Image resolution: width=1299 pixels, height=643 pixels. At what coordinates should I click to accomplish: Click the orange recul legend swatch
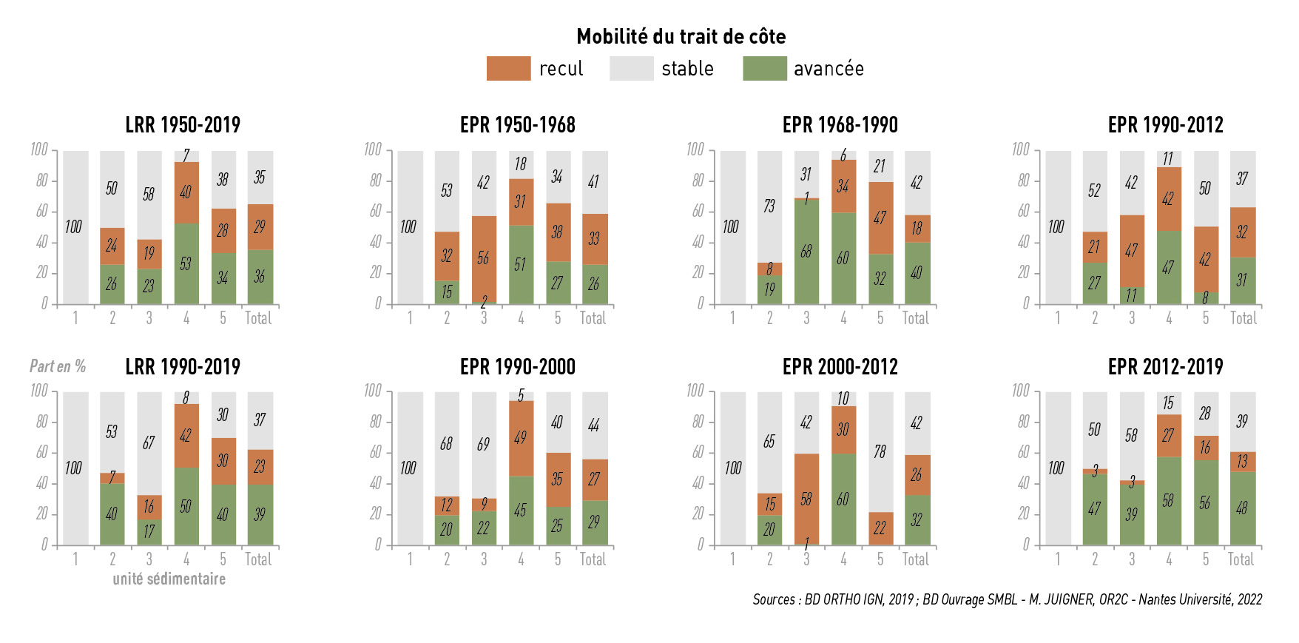coord(508,68)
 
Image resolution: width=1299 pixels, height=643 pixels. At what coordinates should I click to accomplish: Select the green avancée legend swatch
coord(764,68)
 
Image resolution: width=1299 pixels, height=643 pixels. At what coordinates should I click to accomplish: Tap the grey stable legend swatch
coord(631,68)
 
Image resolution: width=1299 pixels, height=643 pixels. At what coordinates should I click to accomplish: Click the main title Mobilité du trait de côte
coord(681,36)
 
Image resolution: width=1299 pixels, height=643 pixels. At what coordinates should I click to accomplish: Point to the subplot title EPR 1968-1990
coord(840,125)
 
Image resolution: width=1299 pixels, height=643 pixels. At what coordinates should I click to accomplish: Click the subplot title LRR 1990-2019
coord(183,366)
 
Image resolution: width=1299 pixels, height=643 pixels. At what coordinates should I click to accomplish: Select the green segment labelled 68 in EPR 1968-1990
coord(806,252)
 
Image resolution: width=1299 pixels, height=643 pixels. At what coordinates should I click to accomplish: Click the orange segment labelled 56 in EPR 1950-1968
coord(484,258)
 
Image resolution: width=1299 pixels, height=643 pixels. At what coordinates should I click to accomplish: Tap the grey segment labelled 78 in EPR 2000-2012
coord(880,451)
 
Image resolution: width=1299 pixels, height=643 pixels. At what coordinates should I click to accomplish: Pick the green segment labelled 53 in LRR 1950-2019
coord(186,263)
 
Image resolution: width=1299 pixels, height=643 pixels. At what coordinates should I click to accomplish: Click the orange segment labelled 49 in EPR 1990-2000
coord(521,437)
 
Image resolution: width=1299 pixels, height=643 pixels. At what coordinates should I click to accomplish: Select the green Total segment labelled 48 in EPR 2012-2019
coord(1242,508)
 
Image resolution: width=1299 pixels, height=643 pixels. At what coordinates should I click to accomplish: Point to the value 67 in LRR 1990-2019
coord(149,442)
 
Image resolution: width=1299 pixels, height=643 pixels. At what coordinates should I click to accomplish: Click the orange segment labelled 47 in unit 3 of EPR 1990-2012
coord(1131,250)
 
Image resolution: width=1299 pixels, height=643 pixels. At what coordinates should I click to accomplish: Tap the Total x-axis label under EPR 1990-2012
coord(1243,318)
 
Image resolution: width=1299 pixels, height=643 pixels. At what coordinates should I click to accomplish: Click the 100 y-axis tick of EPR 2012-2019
coord(1020,390)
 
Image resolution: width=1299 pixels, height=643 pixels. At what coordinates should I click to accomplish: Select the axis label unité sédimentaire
coord(169,579)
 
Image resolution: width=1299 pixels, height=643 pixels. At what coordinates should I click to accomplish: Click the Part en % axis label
coord(58,366)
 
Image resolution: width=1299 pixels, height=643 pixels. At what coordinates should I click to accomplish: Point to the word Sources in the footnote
coord(773,599)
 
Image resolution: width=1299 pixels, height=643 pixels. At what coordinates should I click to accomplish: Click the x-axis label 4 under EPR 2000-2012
coord(843,559)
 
